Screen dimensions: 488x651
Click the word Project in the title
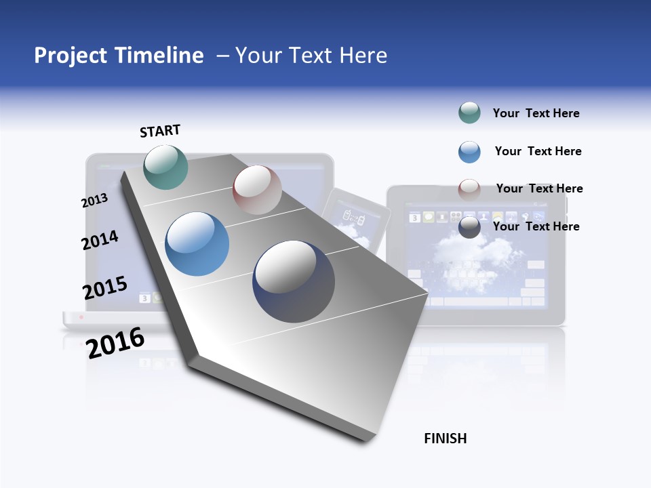pos(71,56)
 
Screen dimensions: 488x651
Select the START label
pos(160,131)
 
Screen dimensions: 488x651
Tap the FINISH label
pos(445,439)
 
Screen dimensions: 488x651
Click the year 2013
pos(94,201)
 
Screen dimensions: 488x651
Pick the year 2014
pos(100,240)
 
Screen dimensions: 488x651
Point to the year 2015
pos(104,288)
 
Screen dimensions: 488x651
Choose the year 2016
pos(115,342)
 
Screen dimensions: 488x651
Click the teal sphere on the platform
pos(165,167)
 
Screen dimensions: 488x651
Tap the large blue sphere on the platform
pos(197,243)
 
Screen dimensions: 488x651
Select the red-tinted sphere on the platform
pos(257,190)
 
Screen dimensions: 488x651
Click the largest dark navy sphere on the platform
pos(294,281)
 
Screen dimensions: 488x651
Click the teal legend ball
pos(469,113)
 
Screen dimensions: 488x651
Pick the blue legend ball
pos(469,152)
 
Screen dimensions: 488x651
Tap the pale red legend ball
pos(469,189)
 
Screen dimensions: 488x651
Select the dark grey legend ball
pos(469,227)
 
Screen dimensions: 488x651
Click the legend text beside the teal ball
pos(536,113)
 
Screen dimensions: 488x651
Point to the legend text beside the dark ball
pos(536,226)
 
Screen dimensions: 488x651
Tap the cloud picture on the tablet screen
pos(475,254)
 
